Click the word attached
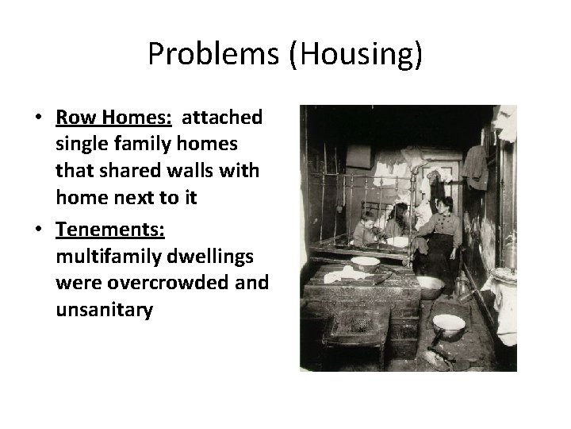[x=222, y=118]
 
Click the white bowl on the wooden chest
[x=365, y=262]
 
